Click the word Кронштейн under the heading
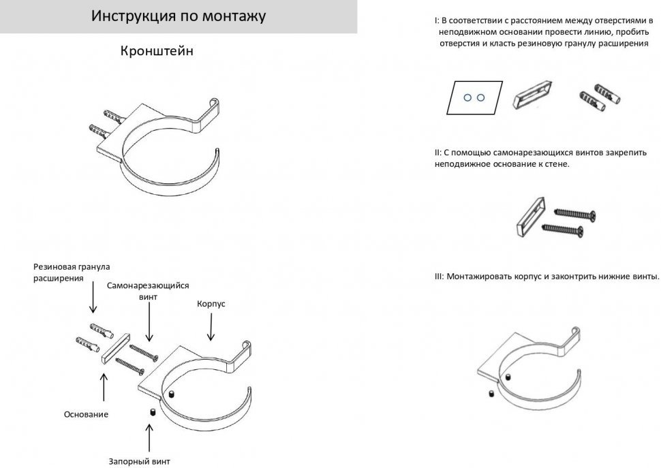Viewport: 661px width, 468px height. click(156, 51)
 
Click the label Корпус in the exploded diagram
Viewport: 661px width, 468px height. click(211, 303)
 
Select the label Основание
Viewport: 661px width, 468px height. click(86, 414)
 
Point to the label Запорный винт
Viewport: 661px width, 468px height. click(139, 461)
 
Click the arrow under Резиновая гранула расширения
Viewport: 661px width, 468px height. click(93, 298)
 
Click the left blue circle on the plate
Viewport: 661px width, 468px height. click(467, 97)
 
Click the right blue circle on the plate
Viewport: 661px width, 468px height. click(480, 97)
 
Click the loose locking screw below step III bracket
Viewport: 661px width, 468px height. click(491, 394)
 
